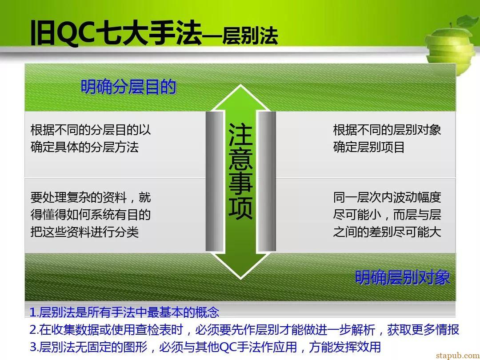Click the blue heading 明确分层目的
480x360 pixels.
point(128,87)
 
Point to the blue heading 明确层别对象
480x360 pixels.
point(402,278)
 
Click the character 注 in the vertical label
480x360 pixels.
point(240,135)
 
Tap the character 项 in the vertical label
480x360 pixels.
point(240,208)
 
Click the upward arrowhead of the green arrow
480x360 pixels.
point(240,97)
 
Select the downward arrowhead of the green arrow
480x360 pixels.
point(240,265)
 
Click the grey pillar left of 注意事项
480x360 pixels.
point(215,181)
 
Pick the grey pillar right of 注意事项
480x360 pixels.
point(267,181)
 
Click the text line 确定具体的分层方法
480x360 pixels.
point(84,147)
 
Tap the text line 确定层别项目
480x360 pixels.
point(369,147)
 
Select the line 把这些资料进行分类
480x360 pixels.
point(84,232)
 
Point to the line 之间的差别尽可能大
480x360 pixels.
point(387,232)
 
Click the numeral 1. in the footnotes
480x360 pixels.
point(34,312)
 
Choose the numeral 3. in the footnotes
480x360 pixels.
point(34,347)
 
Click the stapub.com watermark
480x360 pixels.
point(458,356)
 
